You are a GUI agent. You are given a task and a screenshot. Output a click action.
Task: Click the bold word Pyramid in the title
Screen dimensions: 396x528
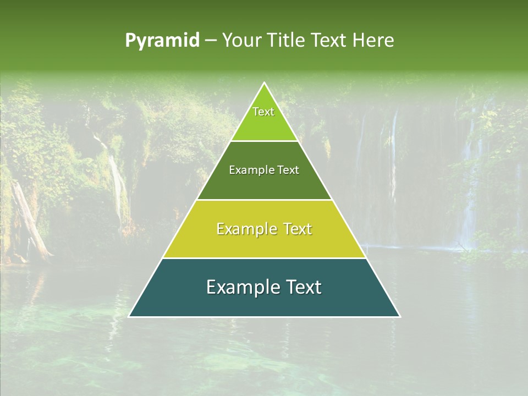[x=162, y=41]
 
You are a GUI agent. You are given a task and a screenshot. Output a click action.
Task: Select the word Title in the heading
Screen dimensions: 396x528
[x=289, y=41]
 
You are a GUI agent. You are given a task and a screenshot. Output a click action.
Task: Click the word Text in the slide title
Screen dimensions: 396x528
[x=331, y=41]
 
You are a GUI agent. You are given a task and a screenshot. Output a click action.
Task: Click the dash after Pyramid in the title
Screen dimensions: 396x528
[x=211, y=41]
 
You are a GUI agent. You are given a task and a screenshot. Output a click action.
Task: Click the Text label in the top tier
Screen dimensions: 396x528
[x=263, y=112]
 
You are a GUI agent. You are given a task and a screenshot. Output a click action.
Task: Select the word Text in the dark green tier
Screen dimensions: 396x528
[x=289, y=170]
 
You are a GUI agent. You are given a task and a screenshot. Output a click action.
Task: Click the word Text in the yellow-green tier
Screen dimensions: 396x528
[x=298, y=229]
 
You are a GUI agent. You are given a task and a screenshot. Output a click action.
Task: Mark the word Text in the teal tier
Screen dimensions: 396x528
[x=304, y=287]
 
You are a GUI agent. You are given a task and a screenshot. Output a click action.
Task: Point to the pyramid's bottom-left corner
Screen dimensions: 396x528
[x=129, y=316]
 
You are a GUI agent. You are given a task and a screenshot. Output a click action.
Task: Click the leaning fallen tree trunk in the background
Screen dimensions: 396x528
[x=30, y=220]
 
